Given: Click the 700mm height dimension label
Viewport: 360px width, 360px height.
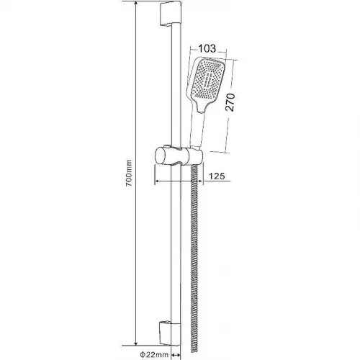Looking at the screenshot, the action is coord(129,173).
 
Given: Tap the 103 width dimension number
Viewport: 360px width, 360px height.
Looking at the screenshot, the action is coord(207,48).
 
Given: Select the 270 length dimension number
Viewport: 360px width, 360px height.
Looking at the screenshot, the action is coord(230,102).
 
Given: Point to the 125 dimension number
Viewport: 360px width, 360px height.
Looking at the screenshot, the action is coord(217,176).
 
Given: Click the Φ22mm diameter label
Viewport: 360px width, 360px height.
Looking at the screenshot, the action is coord(154,354).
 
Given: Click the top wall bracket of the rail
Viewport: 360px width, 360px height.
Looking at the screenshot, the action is coord(170,13).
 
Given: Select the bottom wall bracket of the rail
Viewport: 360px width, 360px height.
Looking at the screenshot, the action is coord(170,333).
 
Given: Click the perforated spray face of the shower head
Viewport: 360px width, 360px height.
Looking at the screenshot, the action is coord(207,78).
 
